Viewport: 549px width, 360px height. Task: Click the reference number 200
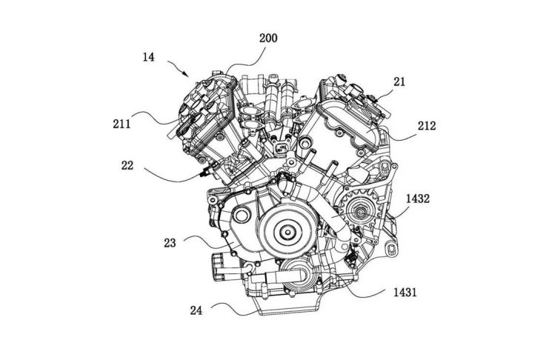click(x=268, y=38)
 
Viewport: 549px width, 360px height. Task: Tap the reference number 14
click(x=148, y=57)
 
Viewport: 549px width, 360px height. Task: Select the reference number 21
click(x=399, y=82)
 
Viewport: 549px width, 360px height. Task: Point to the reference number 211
click(x=122, y=124)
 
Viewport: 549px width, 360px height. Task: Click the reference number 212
click(x=427, y=125)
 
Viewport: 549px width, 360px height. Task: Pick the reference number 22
click(x=127, y=165)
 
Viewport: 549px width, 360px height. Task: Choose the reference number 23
click(x=170, y=243)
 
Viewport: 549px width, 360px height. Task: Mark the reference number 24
click(x=196, y=310)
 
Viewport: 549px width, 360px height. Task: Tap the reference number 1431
click(x=405, y=292)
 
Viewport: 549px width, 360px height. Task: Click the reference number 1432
click(x=418, y=199)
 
